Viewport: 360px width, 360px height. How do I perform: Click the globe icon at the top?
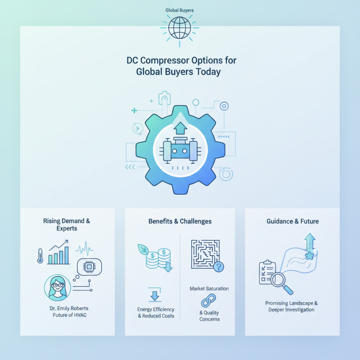pyautogui.click(x=180, y=28)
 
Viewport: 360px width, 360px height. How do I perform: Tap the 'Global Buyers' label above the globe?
pyautogui.click(x=180, y=10)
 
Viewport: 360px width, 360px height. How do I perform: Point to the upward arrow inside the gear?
pyautogui.click(x=180, y=128)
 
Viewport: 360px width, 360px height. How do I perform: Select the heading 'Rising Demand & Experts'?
pyautogui.click(x=67, y=225)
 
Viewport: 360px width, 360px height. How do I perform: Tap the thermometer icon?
pyautogui.click(x=40, y=256)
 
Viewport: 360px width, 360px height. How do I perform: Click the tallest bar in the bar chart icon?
pyautogui.click(x=67, y=255)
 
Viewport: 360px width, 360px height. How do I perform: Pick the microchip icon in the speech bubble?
pyautogui.click(x=89, y=267)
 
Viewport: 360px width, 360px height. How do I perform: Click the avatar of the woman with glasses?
pyautogui.click(x=58, y=288)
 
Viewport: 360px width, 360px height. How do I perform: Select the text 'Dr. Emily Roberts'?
pyautogui.click(x=69, y=308)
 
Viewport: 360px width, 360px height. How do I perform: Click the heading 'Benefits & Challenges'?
pyautogui.click(x=180, y=221)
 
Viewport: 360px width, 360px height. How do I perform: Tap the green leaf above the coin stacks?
pyautogui.click(x=143, y=250)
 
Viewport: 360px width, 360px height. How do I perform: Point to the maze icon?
pyautogui.click(x=205, y=254)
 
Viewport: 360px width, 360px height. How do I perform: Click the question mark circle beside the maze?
pyautogui.click(x=219, y=267)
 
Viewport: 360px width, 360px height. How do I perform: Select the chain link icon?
pyautogui.click(x=208, y=301)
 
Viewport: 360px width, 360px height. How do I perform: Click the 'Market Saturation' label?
pyautogui.click(x=209, y=288)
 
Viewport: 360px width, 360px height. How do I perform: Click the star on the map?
pyautogui.click(x=310, y=255)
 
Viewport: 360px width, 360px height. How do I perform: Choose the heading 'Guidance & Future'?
pyautogui.click(x=292, y=221)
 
